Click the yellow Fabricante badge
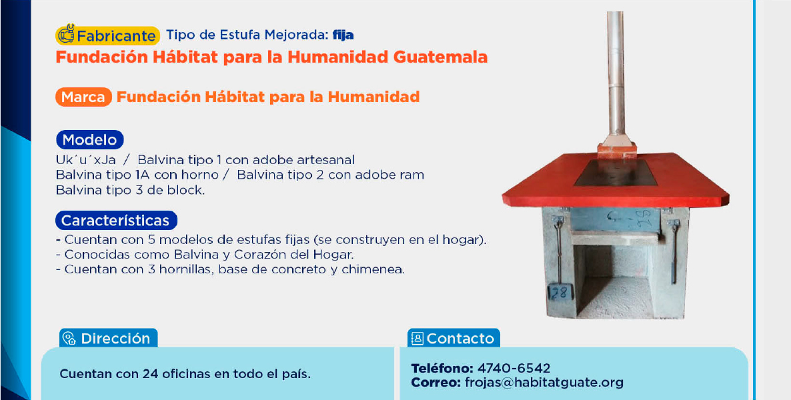tap(107, 35)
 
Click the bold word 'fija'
tap(343, 35)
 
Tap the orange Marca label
tap(84, 97)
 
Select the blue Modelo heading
tap(90, 140)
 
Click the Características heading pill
tap(116, 221)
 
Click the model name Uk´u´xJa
tap(86, 161)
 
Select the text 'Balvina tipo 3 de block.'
tap(131, 191)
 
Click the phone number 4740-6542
tap(514, 368)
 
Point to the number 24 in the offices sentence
tap(150, 375)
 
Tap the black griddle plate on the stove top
tap(616, 173)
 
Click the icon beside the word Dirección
tap(69, 339)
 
